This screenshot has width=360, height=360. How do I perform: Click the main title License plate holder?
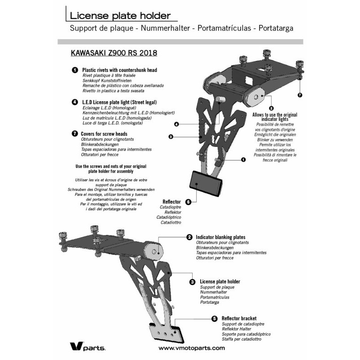(x=120, y=16)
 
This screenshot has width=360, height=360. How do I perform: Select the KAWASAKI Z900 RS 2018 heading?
(x=114, y=53)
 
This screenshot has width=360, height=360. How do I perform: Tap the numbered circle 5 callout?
(x=215, y=318)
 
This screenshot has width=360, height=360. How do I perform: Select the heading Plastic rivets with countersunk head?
(x=120, y=71)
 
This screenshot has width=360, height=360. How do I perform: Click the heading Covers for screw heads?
(x=104, y=134)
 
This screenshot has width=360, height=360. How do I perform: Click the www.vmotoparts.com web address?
(x=192, y=348)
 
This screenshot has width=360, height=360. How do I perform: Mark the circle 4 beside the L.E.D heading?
(x=74, y=102)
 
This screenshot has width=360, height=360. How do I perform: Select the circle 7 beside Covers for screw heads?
(x=74, y=134)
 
